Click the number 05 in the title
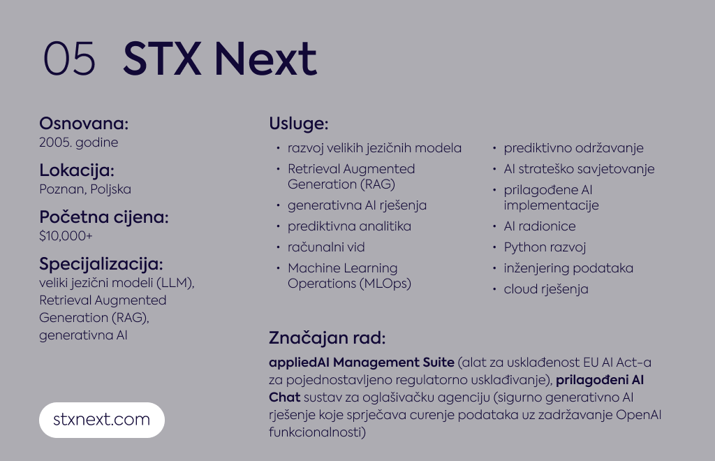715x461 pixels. [x=69, y=59]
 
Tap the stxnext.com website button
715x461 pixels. [x=102, y=420]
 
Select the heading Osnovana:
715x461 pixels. [x=84, y=124]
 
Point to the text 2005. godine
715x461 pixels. [x=78, y=142]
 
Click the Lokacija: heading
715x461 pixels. [x=77, y=170]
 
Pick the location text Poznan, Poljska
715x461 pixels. [x=85, y=189]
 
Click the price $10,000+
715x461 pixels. [x=66, y=236]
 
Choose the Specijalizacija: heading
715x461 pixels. [x=101, y=264]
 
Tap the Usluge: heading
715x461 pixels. [x=299, y=124]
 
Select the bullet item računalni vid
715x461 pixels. [x=326, y=247]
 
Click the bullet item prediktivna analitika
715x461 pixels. [x=349, y=226]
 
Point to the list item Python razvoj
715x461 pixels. [x=545, y=247]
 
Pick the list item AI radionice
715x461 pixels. [x=540, y=226]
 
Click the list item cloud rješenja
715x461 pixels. [x=546, y=289]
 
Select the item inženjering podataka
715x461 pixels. [x=568, y=268]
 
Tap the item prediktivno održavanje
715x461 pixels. [x=574, y=148]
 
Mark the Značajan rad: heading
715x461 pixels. [x=327, y=338]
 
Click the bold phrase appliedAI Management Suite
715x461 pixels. [x=362, y=363]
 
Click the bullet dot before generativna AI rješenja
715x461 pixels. [x=278, y=205]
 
